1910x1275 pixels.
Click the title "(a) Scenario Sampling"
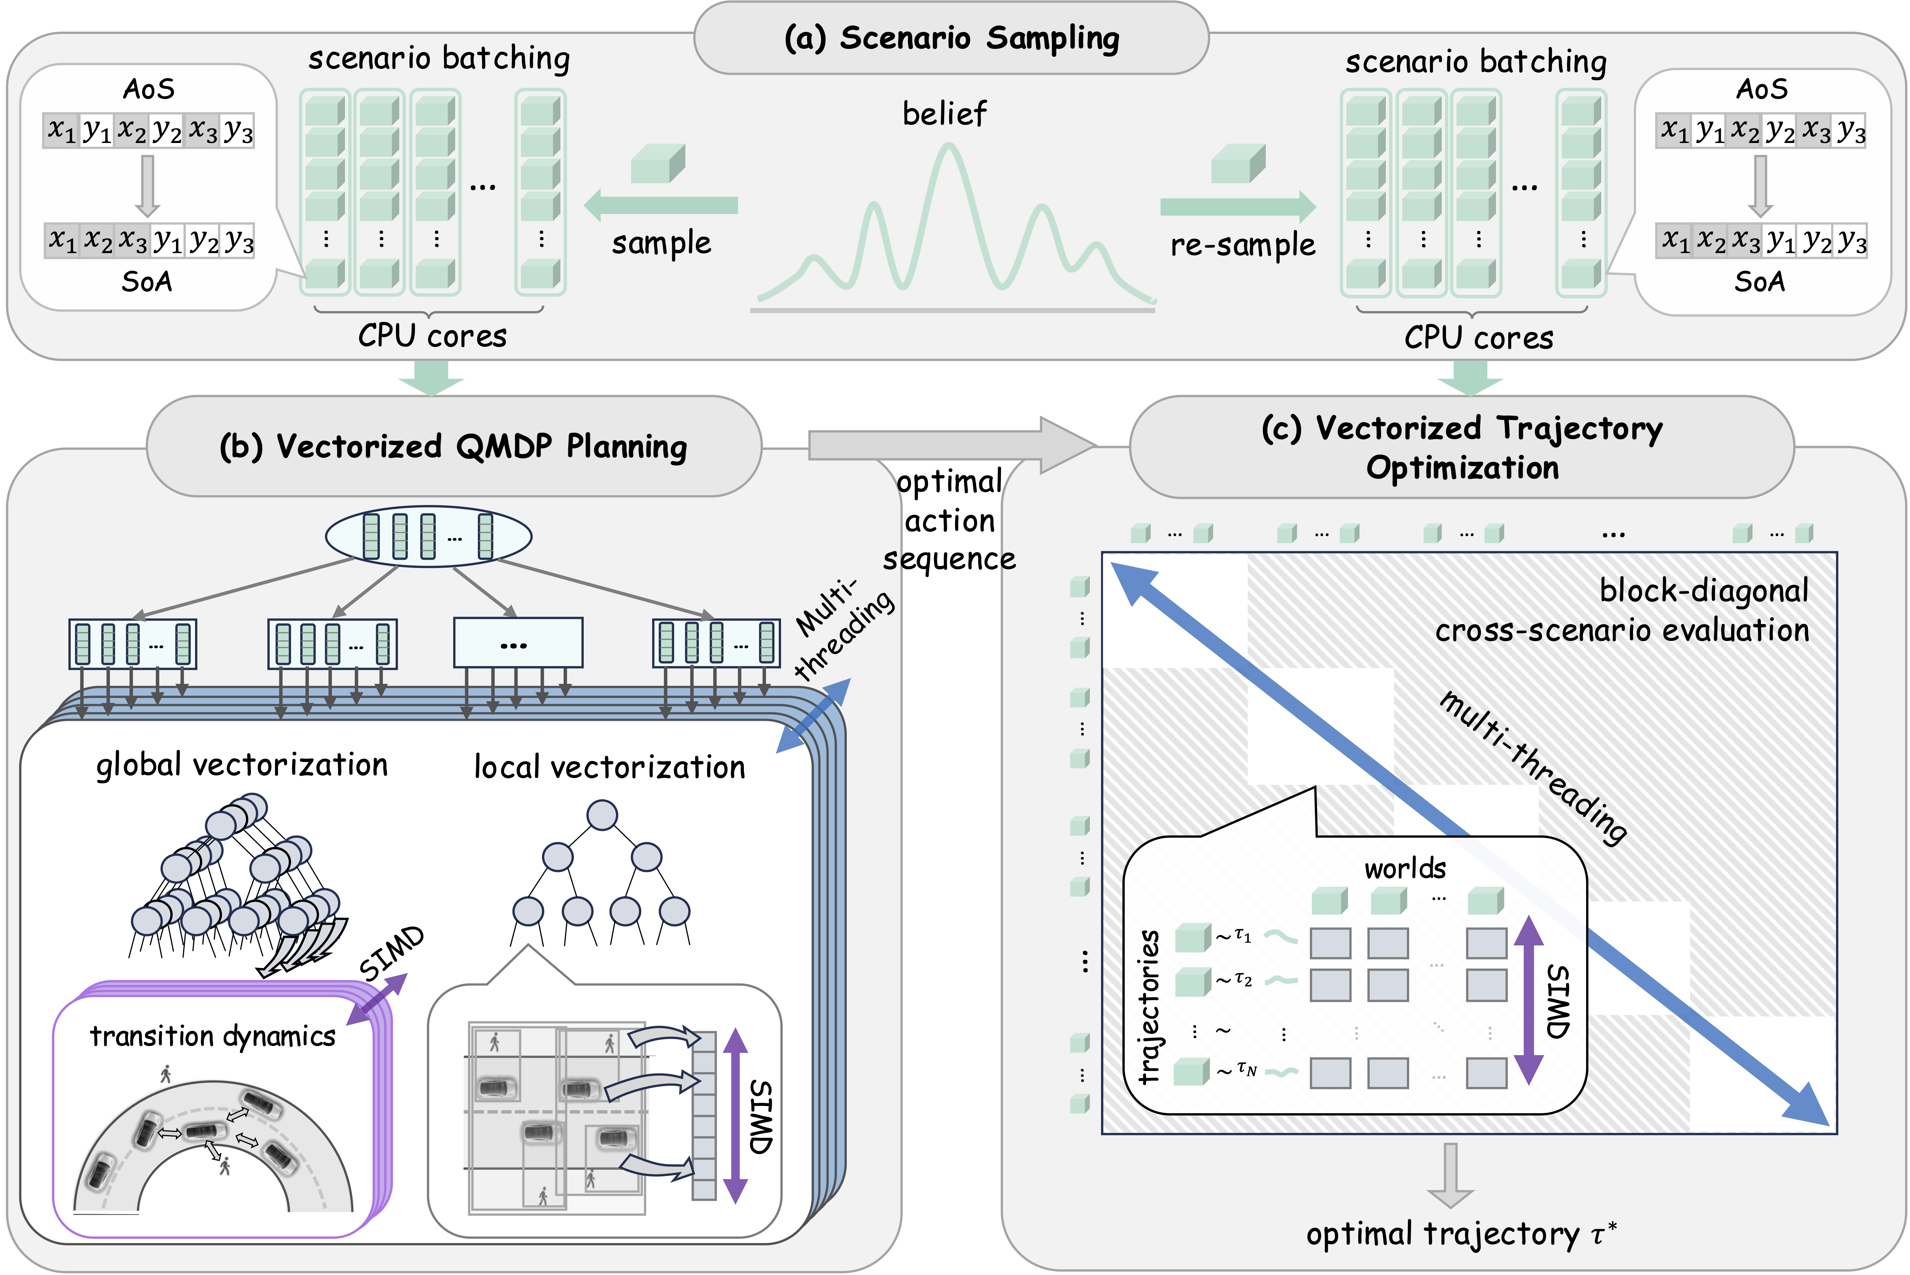pyautogui.click(x=951, y=38)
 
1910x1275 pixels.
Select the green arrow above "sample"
pyautogui.click(x=661, y=205)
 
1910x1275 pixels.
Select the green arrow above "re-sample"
pyautogui.click(x=1237, y=206)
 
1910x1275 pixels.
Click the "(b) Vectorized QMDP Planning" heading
pyautogui.click(x=453, y=446)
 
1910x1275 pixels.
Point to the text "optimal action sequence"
pyautogui.click(x=949, y=520)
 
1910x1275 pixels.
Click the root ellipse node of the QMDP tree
pyautogui.click(x=429, y=537)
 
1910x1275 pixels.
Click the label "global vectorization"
pyautogui.click(x=242, y=765)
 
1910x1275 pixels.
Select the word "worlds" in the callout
pyautogui.click(x=1405, y=868)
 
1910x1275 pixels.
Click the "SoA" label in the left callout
pyautogui.click(x=147, y=281)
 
